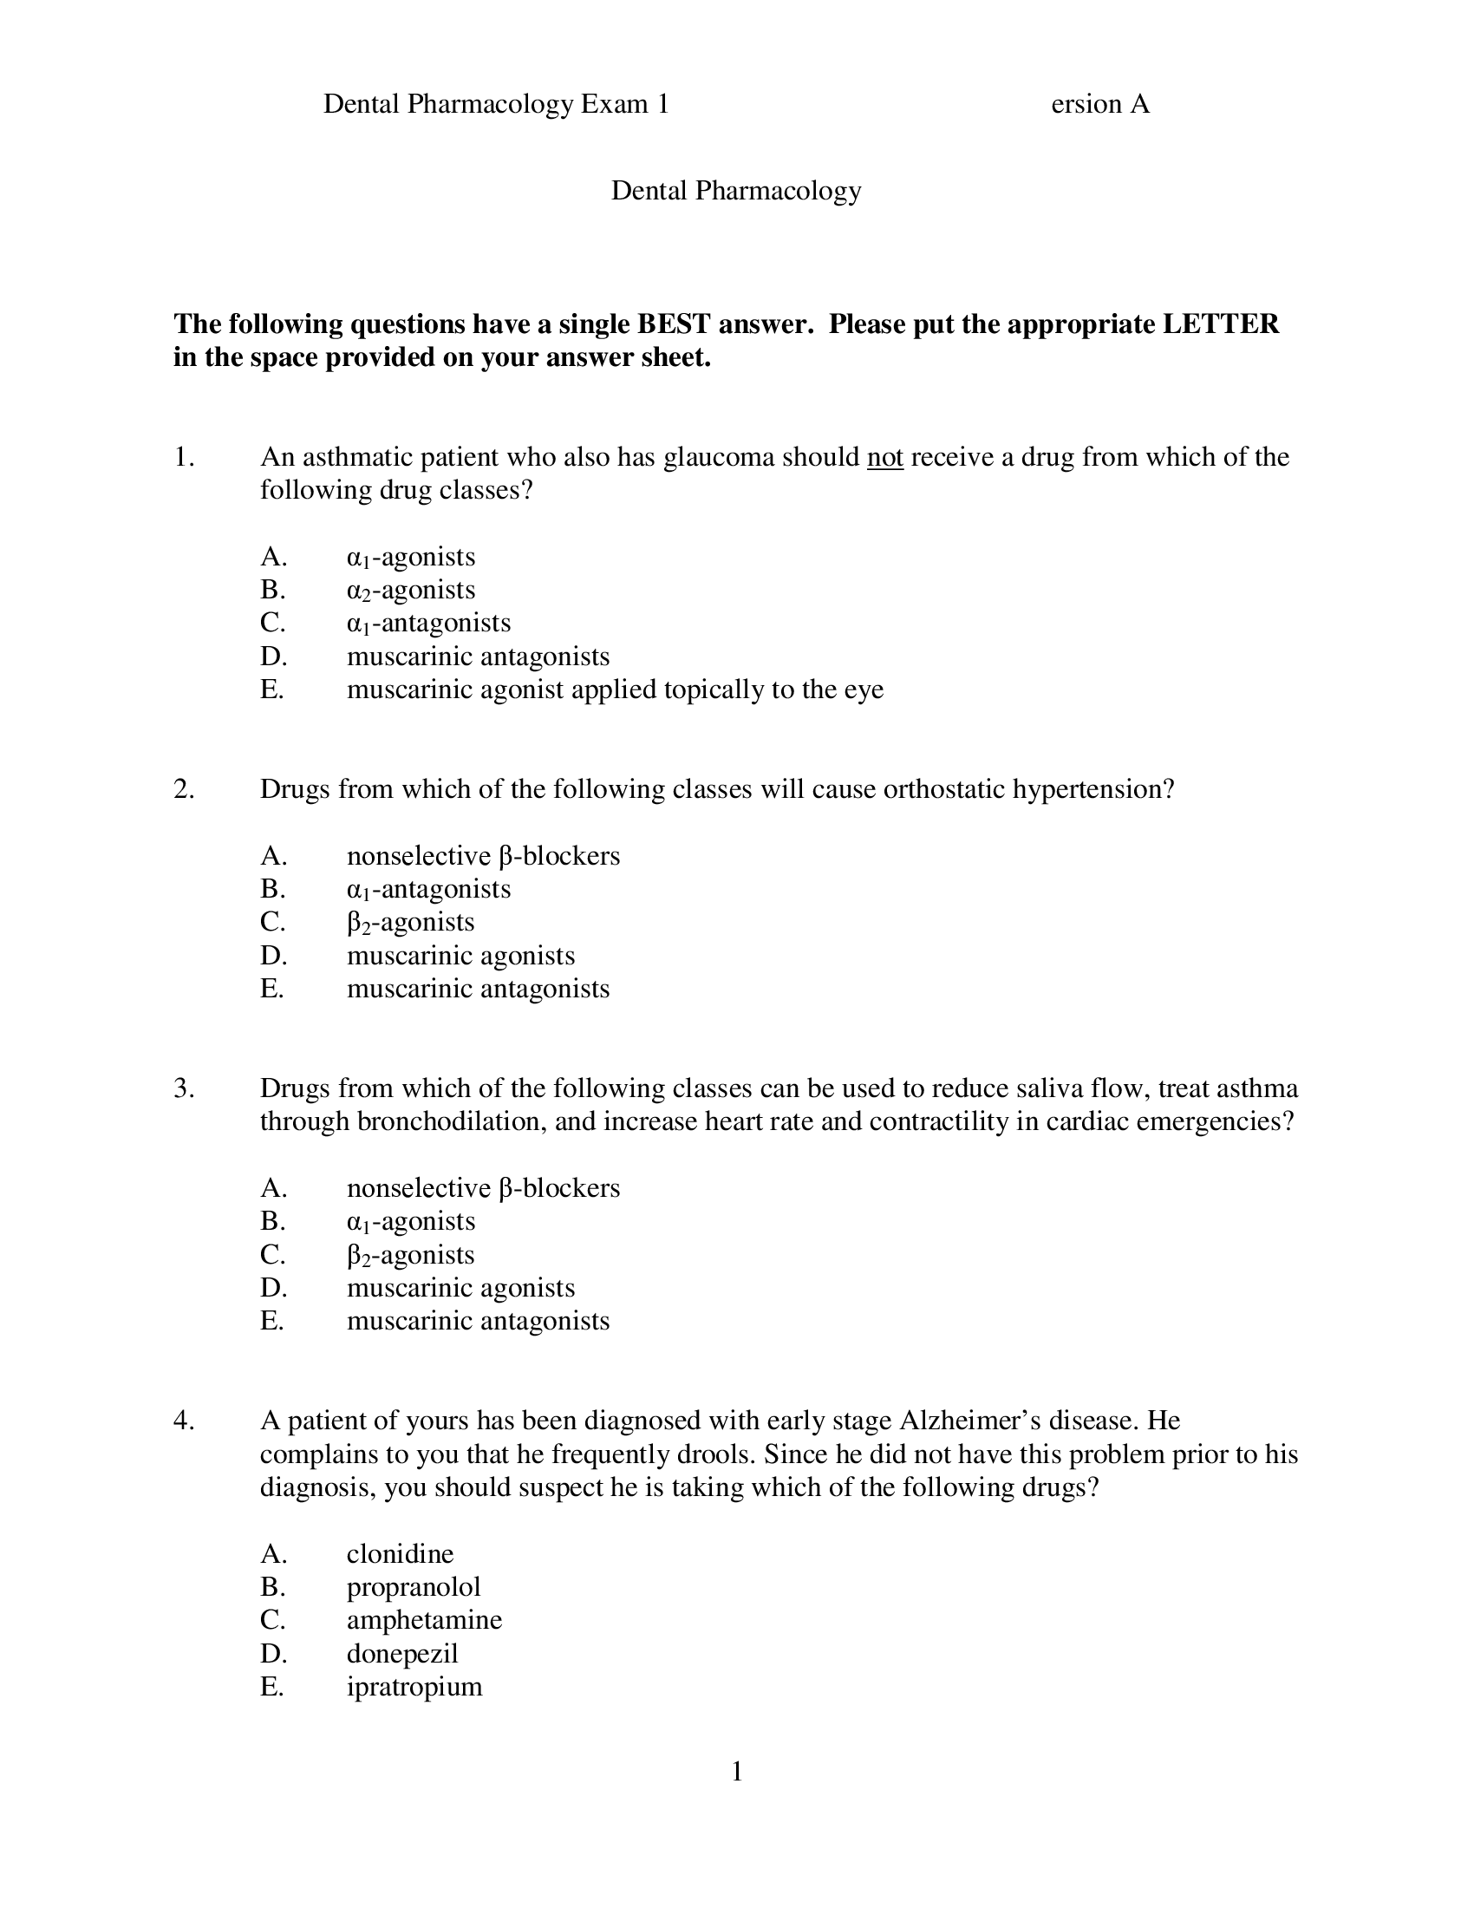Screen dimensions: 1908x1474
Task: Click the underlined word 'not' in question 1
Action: pos(884,457)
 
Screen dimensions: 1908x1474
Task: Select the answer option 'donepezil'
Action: pos(401,1653)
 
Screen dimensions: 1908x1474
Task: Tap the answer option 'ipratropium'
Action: pos(414,1686)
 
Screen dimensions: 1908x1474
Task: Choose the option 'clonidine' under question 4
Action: pos(400,1553)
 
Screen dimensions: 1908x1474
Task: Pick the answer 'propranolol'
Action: pos(413,1586)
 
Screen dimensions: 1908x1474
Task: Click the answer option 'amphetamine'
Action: pos(423,1620)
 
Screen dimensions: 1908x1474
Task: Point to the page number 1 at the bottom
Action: pos(736,1772)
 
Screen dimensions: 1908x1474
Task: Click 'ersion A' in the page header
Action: pos(1099,104)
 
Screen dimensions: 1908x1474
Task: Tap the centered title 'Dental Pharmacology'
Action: pos(735,191)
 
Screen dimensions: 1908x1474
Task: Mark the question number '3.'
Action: pos(183,1088)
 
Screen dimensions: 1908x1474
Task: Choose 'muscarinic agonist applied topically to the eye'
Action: pos(615,689)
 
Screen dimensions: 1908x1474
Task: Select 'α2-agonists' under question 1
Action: pos(410,591)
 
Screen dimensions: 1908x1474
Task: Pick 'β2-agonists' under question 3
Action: pos(410,1256)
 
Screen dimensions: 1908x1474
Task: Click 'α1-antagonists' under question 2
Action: pos(427,889)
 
